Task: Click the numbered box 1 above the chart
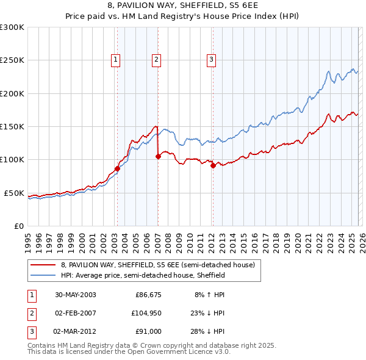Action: pos(115,59)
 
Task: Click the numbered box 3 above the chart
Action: pos(211,59)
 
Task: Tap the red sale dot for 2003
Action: pos(117,168)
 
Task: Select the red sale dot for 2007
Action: pos(158,156)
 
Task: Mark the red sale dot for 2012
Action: pos(213,165)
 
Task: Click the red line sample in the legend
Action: pos(43,265)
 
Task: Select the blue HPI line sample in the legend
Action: pos(43,275)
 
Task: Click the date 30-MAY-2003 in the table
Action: pos(75,294)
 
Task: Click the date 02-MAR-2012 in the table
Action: pos(75,332)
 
